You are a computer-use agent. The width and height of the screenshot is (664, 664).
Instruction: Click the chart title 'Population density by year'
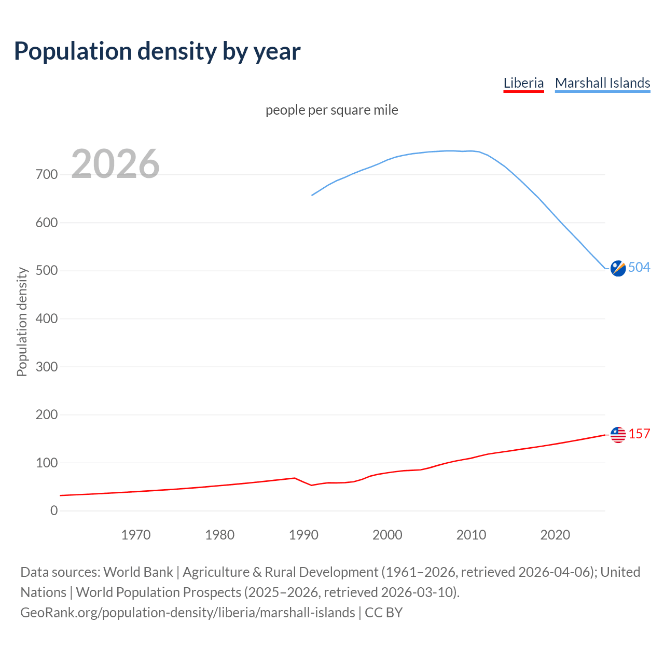(157, 51)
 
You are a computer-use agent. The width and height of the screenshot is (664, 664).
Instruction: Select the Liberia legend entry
(523, 83)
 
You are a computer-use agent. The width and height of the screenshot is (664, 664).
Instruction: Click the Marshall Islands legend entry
(602, 83)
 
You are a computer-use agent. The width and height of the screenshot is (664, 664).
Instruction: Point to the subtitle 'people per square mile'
(331, 110)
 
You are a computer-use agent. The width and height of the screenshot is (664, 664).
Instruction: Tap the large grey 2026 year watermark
(115, 164)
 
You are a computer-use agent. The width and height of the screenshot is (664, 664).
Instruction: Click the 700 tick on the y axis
(47, 174)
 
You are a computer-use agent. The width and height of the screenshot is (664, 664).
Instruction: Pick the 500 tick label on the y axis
(47, 271)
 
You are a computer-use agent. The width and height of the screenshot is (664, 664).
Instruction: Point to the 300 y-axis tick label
(47, 367)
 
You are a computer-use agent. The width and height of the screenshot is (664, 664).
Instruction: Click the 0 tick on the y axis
(54, 510)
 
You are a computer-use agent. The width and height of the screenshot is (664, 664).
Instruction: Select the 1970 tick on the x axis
(136, 535)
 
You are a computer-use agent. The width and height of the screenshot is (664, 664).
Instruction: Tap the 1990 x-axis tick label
(303, 535)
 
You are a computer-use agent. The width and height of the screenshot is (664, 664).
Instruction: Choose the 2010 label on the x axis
(471, 535)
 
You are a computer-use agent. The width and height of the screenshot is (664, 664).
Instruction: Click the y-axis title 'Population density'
(22, 322)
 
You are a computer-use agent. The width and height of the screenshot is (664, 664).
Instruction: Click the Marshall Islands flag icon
(618, 268)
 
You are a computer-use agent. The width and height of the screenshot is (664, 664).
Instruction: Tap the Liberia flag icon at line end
(618, 435)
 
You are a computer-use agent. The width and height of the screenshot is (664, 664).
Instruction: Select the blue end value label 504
(639, 267)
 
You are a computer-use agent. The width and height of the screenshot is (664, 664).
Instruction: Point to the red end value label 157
(639, 434)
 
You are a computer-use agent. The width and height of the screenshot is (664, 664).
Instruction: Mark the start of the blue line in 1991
(312, 195)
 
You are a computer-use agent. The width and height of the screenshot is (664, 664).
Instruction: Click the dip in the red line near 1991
(312, 485)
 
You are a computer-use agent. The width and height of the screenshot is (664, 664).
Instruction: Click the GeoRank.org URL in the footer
(188, 612)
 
